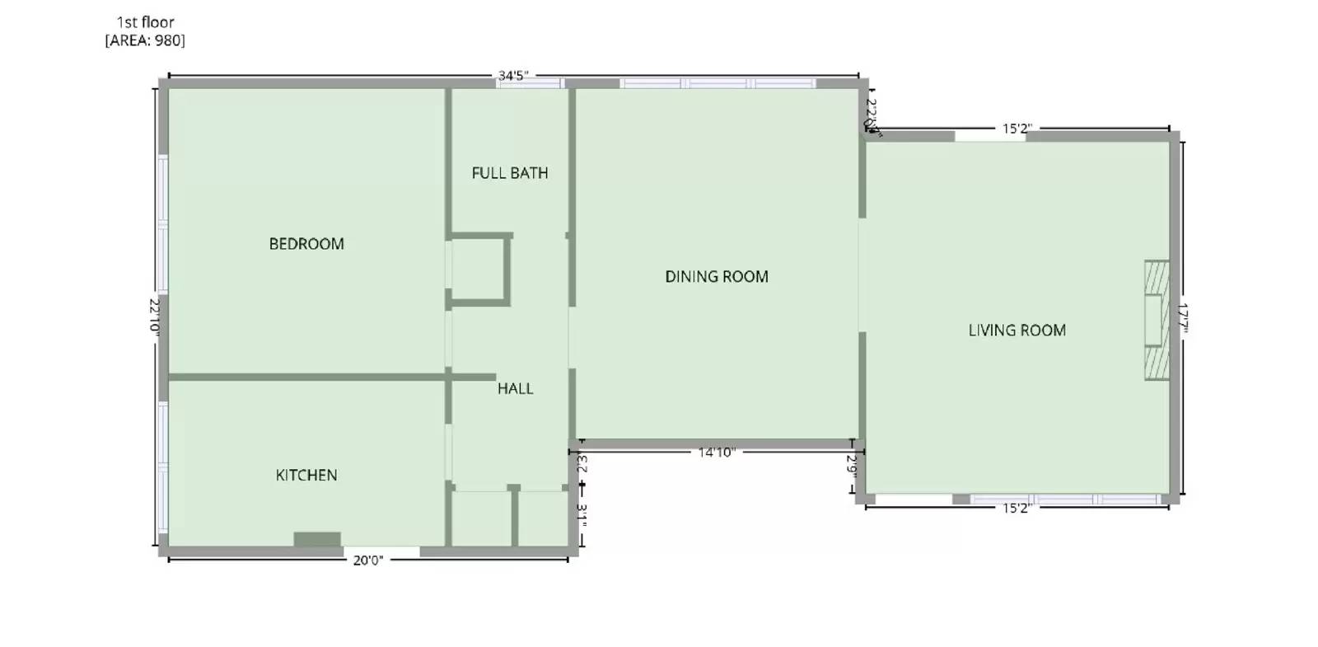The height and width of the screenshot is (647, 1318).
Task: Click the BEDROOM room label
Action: pos(306,244)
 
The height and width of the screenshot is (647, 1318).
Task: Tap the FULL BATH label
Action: pos(510,173)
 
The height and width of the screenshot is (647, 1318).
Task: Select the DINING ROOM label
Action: pos(717,277)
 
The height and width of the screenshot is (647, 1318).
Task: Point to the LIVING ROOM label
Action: pos(1017,331)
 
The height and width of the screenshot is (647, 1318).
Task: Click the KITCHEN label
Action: pos(306,476)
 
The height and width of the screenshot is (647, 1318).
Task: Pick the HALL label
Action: pos(516,389)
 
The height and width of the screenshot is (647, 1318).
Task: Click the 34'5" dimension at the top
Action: pos(513,76)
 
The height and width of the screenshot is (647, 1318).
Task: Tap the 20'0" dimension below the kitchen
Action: pos(368,561)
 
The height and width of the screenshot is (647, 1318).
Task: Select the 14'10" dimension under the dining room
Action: pos(717,452)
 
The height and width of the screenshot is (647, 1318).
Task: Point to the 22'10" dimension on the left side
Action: pos(154,316)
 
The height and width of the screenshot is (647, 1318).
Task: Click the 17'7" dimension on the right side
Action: pos(1183,318)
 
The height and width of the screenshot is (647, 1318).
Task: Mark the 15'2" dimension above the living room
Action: pos(1017,129)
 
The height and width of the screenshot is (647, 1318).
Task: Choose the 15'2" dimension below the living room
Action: pos(1017,509)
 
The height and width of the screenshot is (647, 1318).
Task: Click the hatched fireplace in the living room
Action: pos(1157,321)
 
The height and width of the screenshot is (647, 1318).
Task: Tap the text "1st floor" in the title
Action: pos(146,22)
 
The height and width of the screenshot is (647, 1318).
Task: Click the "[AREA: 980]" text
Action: pos(145,40)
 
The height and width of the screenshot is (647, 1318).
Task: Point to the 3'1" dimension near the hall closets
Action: pos(582,515)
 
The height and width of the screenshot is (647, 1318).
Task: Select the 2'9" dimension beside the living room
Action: pos(853,468)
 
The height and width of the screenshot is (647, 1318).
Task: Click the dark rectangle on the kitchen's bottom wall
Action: pos(317,540)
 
